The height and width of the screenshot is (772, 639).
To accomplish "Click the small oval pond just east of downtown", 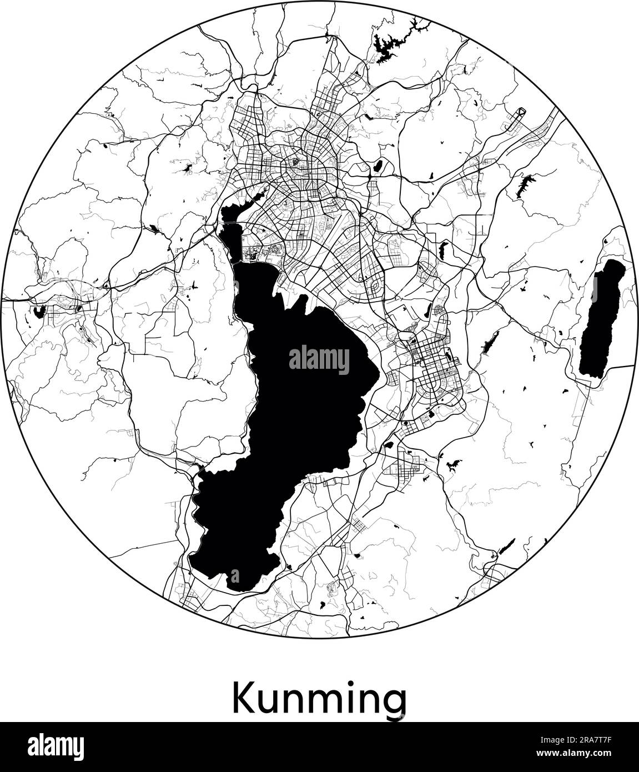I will tap(380, 165).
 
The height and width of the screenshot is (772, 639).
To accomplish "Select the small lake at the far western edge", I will tap(38, 312).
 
